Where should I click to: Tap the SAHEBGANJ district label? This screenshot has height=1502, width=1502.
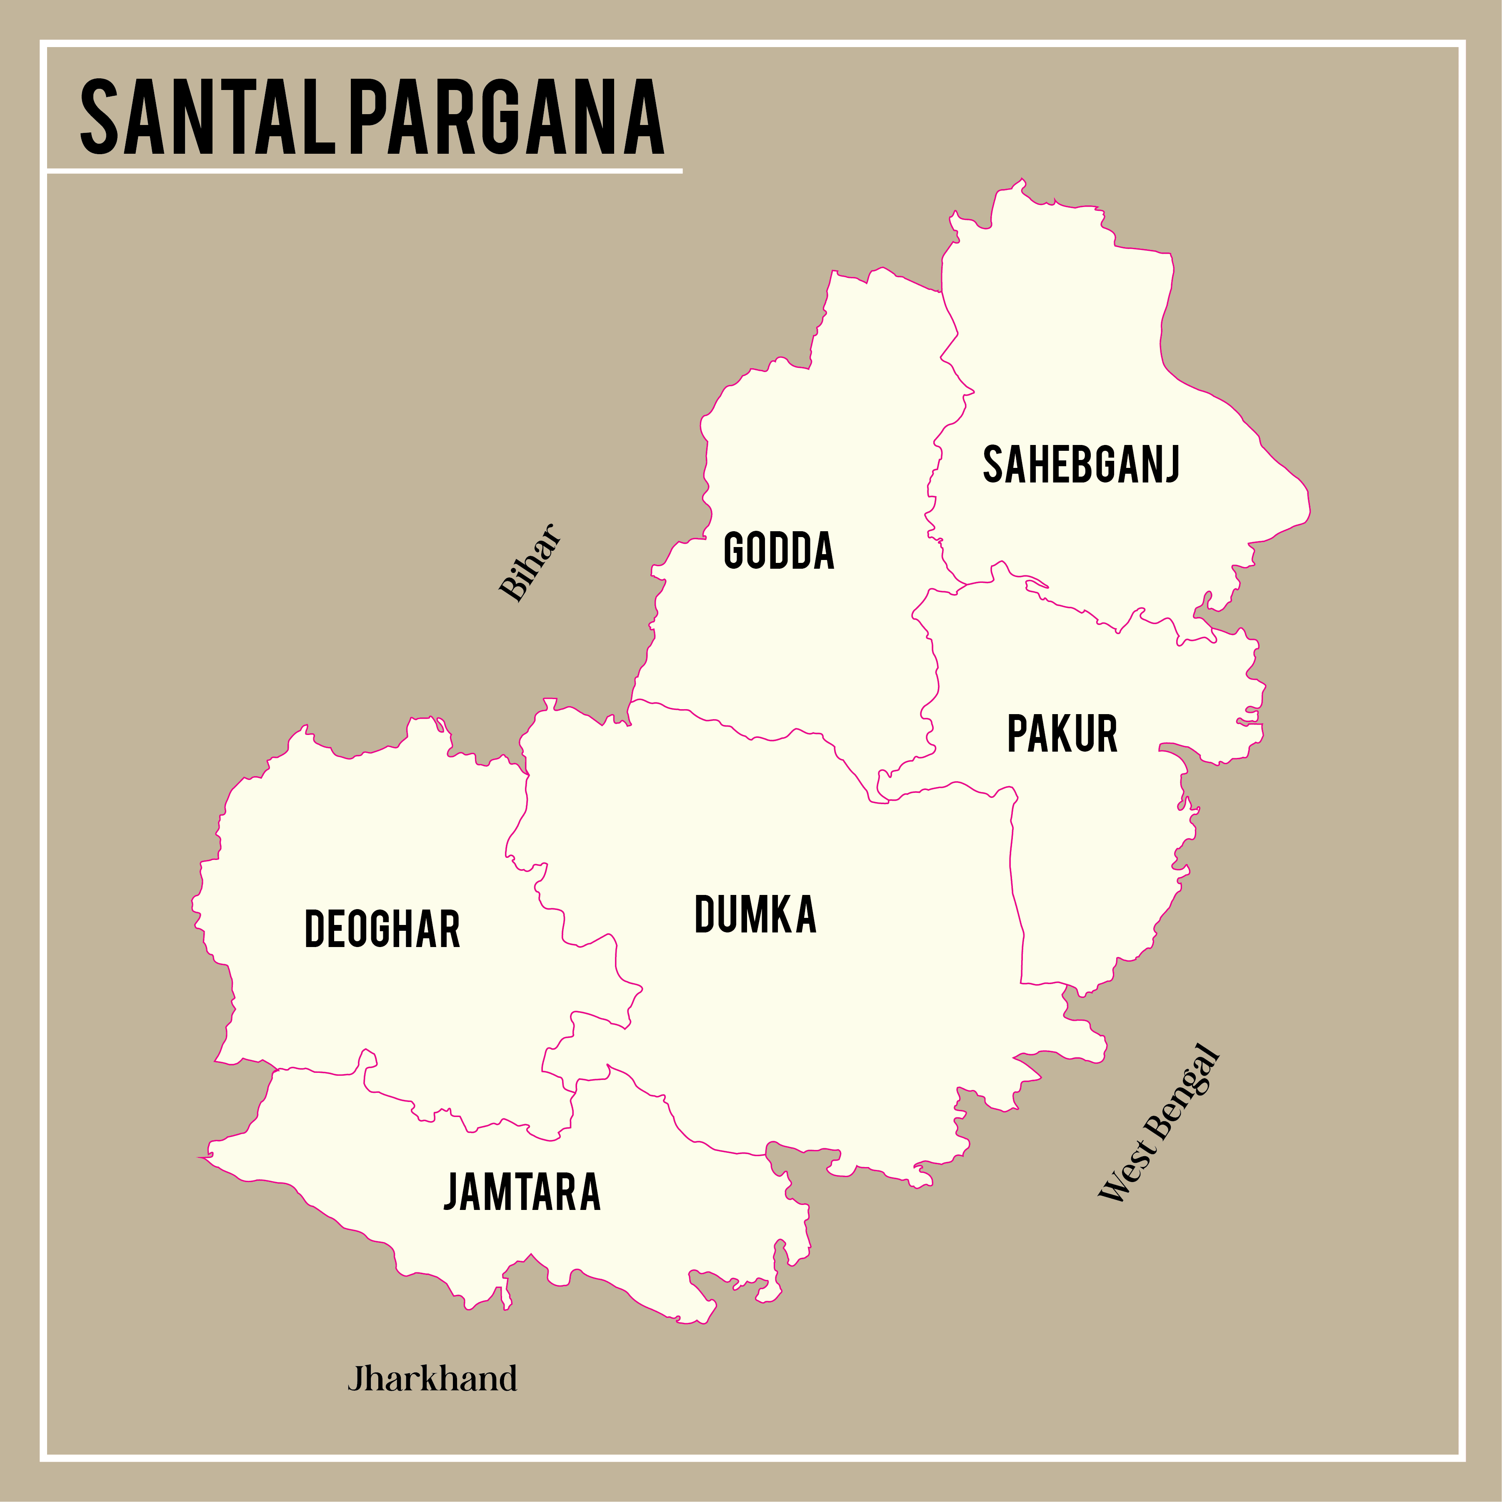pos(1081,465)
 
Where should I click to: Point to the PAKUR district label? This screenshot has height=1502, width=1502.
pos(1062,734)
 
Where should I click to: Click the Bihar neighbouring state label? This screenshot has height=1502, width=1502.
pos(530,562)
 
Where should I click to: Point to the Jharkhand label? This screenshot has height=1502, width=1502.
pos(432,1379)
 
